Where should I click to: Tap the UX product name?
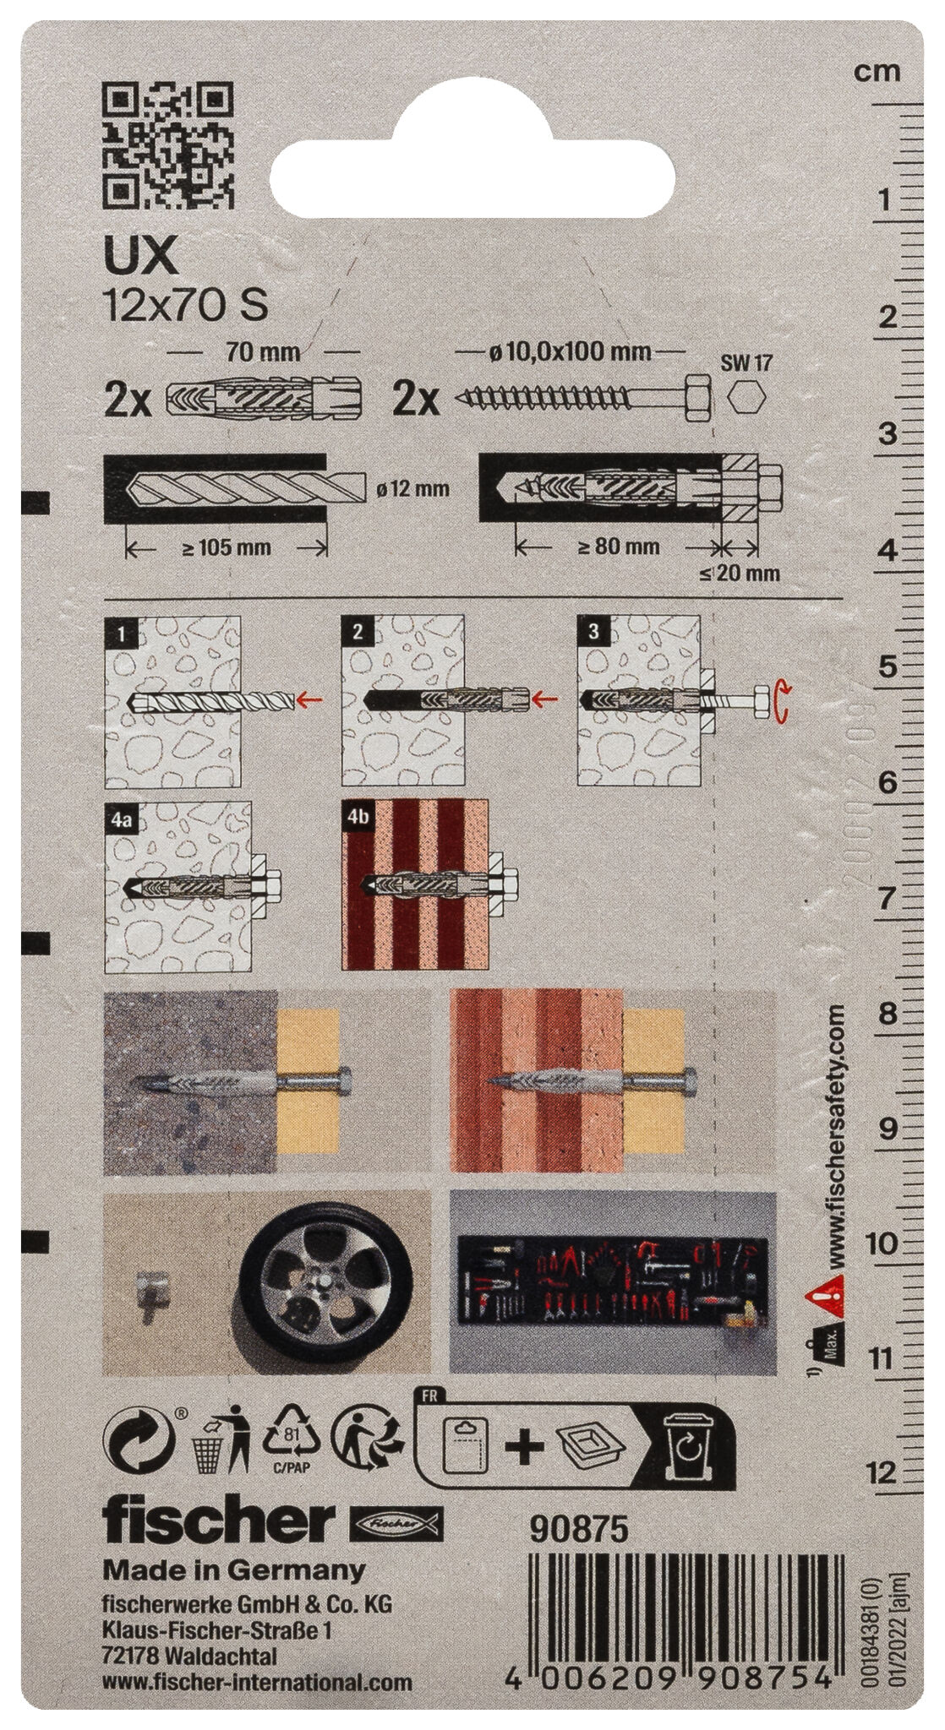[x=140, y=256]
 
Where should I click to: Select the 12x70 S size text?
[x=184, y=305]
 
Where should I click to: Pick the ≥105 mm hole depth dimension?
[x=227, y=547]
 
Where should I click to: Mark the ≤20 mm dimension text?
[x=740, y=574]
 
